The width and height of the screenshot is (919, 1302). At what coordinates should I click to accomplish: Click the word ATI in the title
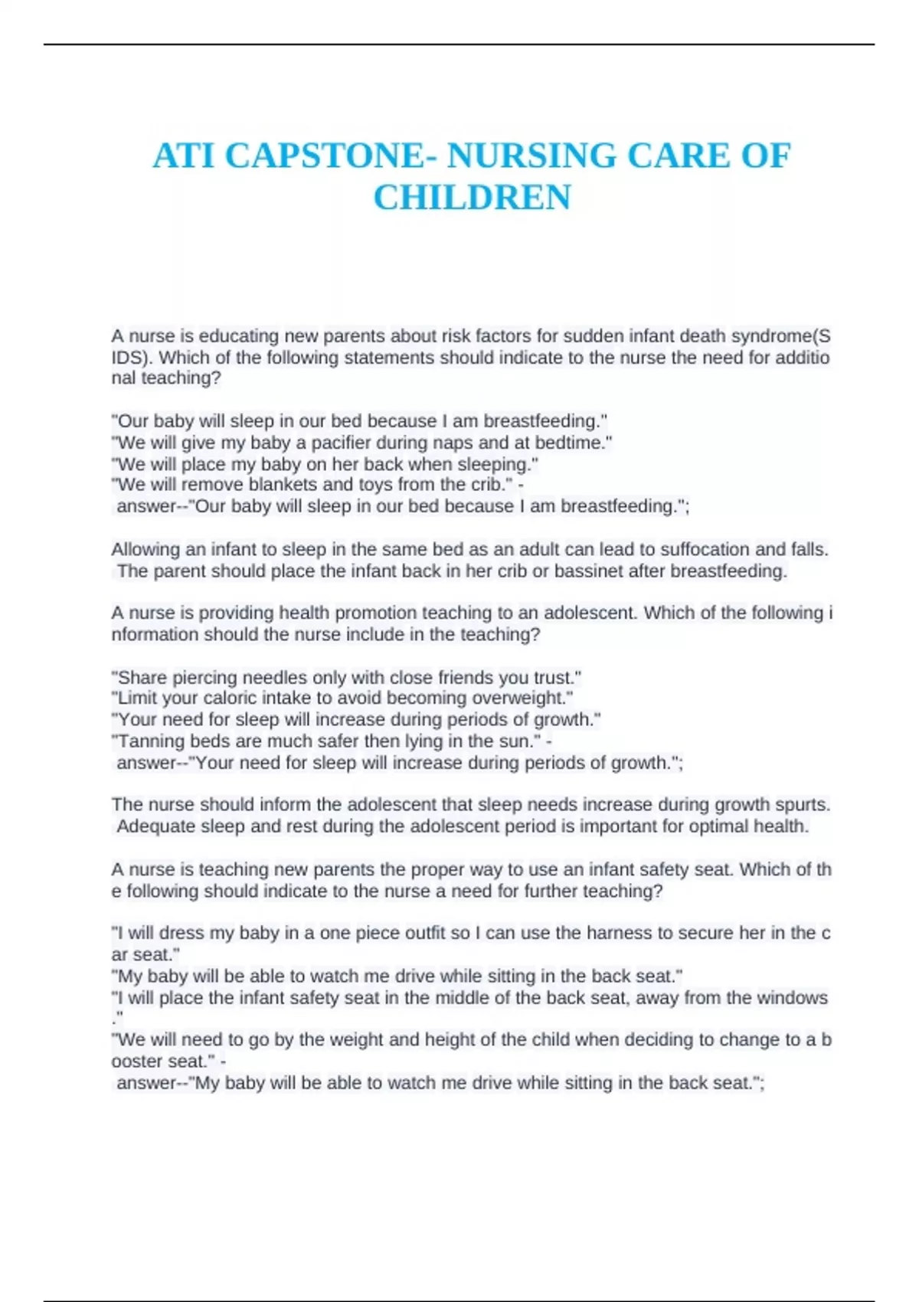184,156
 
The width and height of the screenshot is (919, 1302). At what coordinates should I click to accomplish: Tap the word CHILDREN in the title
472,198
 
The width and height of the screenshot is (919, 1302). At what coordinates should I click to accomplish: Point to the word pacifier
342,443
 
